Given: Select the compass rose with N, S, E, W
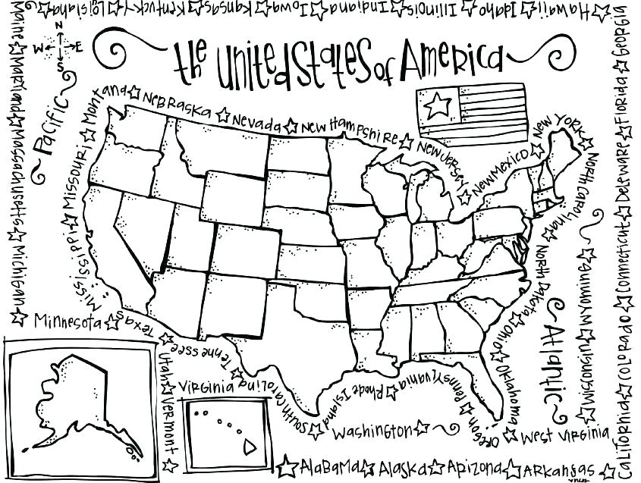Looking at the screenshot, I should (x=59, y=48).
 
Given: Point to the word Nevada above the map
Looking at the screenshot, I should (x=257, y=122).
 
